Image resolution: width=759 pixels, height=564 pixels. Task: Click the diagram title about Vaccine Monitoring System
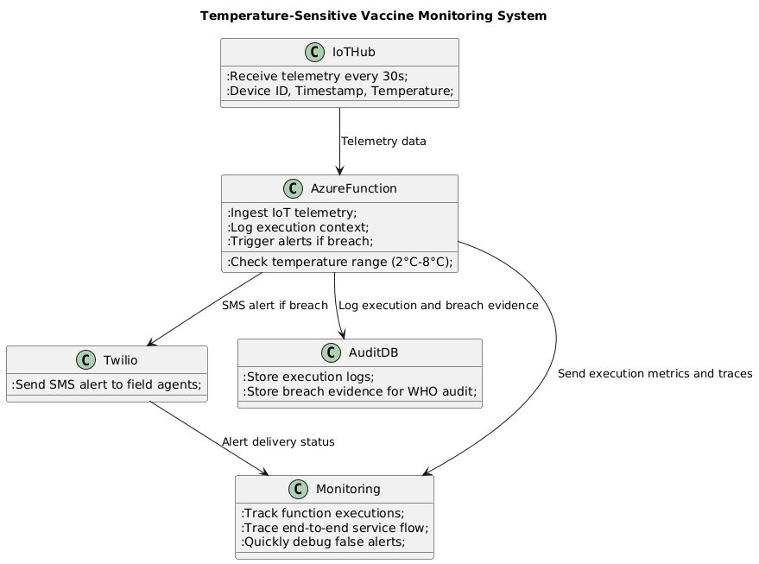tap(373, 16)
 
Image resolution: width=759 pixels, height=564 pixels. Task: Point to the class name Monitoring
tap(348, 489)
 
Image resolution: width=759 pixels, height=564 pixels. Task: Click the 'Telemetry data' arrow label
tap(383, 141)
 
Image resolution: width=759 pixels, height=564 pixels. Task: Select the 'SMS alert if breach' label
tap(275, 305)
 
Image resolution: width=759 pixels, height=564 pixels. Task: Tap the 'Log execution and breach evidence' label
tap(439, 305)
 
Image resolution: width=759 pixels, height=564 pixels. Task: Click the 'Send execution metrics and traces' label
tap(655, 373)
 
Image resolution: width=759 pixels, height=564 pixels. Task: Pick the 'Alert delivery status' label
tap(278, 441)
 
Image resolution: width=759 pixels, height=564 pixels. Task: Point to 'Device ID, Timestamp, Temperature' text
tap(339, 91)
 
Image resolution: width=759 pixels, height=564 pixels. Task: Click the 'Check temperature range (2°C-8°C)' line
tap(339, 262)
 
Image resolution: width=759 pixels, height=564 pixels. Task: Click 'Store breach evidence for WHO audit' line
tap(359, 391)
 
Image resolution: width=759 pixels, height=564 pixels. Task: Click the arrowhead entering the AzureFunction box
tap(339, 170)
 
